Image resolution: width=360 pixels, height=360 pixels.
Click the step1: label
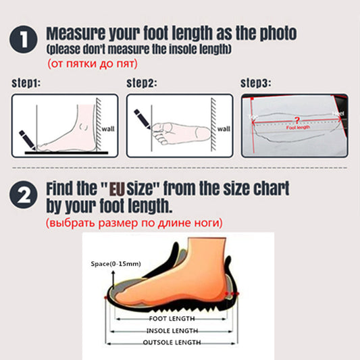coord(26,84)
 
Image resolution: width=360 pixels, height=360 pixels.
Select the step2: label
coord(142,84)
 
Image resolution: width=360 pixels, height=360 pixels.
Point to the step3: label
coord(256,84)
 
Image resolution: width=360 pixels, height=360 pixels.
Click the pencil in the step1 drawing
coord(28,139)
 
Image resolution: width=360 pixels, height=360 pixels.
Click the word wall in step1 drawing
coord(109,129)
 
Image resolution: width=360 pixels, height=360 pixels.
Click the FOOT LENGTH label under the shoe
coord(172,318)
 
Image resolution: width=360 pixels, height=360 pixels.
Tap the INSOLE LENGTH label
coord(172,330)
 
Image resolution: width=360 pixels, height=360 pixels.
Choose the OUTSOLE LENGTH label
coord(172,343)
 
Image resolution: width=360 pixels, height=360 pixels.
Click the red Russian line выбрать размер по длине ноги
coord(134,222)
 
